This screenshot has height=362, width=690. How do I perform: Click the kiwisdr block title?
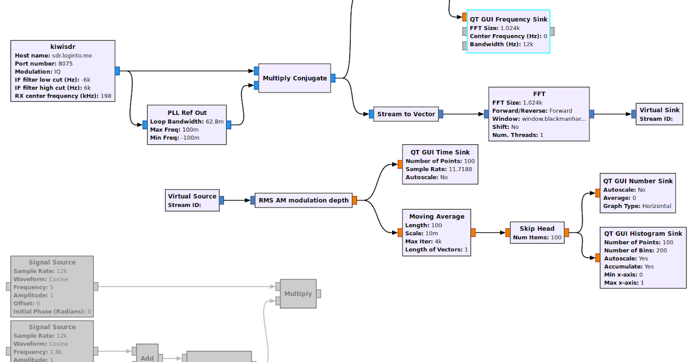pos(63,47)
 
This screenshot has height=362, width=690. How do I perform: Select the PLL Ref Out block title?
pos(187,113)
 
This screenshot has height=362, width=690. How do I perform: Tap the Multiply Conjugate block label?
pos(294,78)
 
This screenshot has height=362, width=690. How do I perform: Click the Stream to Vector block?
pos(406,114)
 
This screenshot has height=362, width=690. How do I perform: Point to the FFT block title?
pos(539,94)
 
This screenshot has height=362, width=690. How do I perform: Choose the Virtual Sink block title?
pos(660,110)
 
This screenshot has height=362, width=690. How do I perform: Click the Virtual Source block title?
pos(192,196)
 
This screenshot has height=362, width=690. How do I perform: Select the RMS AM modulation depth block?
pos(304,200)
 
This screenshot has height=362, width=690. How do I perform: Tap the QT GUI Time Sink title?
pos(439,152)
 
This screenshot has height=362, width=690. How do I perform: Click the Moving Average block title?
pos(436,217)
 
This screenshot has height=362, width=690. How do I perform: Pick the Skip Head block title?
pos(537,228)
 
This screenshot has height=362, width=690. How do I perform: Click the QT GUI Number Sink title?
pos(638,181)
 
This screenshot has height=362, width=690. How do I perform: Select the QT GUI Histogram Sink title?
pos(643,233)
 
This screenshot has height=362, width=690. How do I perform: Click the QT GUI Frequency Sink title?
pos(508,19)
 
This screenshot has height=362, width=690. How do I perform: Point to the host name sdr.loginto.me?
pos(76,56)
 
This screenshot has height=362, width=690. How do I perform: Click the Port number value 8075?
pos(66,64)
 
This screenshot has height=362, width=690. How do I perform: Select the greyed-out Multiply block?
pos(298,294)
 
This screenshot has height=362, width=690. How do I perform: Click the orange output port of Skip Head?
pos(566,233)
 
